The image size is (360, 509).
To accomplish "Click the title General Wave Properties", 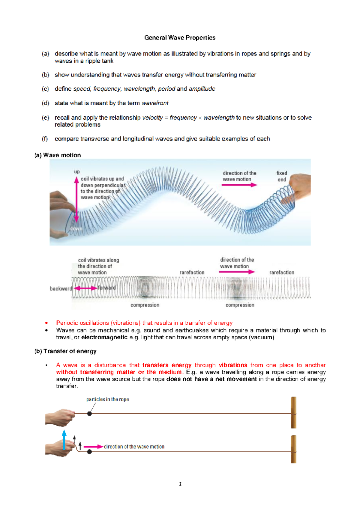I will [x=180, y=38].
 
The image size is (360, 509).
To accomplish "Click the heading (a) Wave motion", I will [x=58, y=155].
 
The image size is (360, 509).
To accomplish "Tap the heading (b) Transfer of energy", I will [x=65, y=351].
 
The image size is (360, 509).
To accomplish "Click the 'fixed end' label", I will [x=282, y=176].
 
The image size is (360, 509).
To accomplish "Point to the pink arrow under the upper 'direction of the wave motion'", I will [x=239, y=185].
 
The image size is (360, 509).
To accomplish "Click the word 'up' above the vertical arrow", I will [x=77, y=172].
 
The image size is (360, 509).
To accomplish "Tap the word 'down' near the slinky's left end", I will [x=76, y=229].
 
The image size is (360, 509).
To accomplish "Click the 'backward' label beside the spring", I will [x=61, y=289].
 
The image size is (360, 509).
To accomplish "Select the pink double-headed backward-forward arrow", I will [x=85, y=288].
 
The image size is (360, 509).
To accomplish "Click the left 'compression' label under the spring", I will [x=145, y=305].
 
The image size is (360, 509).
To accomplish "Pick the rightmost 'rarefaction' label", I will [x=282, y=272].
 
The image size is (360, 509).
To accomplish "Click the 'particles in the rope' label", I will [x=107, y=400].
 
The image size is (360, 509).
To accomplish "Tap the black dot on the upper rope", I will [x=89, y=414].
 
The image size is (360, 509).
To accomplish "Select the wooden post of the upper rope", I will [x=294, y=412].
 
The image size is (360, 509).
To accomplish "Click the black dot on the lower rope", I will [x=89, y=452].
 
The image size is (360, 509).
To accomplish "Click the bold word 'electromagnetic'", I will [x=104, y=338].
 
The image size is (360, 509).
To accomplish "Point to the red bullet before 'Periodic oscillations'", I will [x=46, y=323].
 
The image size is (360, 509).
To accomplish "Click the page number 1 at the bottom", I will [x=180, y=484].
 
